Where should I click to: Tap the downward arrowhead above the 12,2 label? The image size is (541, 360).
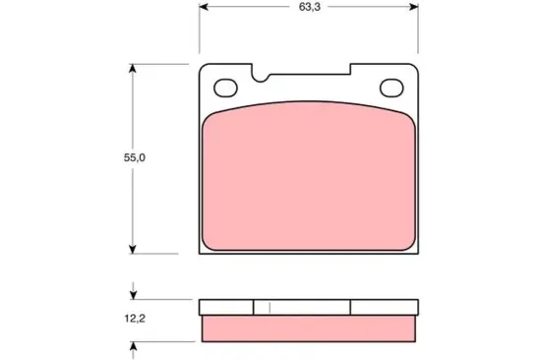[x=134, y=294]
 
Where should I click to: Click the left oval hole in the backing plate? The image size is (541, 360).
[x=226, y=87]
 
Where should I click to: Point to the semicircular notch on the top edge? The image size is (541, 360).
[x=261, y=72]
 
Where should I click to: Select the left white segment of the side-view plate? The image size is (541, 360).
[x=226, y=307]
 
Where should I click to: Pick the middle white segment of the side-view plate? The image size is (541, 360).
[x=302, y=307]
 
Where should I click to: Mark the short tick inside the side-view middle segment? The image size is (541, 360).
[x=270, y=307]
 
